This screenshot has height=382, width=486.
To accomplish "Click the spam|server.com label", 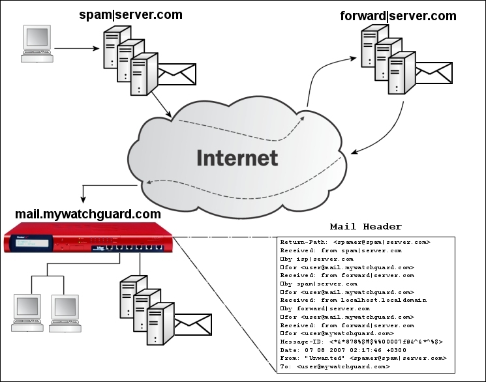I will pyautogui.click(x=130, y=14).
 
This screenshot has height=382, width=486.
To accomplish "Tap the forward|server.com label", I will pyautogui.click(x=398, y=15).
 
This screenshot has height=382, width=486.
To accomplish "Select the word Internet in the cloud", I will pyautogui.click(x=237, y=158).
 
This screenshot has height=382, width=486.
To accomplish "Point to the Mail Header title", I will pyautogui.click(x=365, y=227).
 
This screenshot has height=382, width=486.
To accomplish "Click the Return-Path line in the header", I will pyautogui.click(x=355, y=242).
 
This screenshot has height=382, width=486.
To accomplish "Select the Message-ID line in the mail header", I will pyautogui.click(x=361, y=342).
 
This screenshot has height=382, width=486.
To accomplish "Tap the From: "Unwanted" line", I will pyautogui.click(x=363, y=359).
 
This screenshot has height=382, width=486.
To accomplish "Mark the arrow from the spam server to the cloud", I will pyautogui.click(x=161, y=105).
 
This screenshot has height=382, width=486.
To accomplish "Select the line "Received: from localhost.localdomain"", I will pyautogui.click(x=353, y=300).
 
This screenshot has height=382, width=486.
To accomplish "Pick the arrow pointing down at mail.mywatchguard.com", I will pyautogui.click(x=83, y=193).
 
